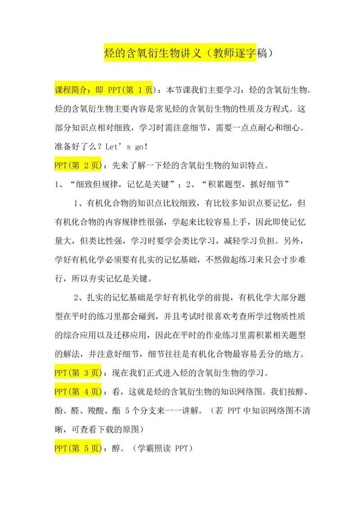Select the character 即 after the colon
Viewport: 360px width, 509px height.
point(99,90)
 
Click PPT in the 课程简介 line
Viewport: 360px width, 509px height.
point(114,90)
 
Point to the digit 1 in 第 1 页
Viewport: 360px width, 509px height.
point(139,90)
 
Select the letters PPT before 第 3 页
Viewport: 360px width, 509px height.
point(60,373)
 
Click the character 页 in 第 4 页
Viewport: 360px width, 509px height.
point(95,392)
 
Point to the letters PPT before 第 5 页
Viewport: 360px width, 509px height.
point(60,448)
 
